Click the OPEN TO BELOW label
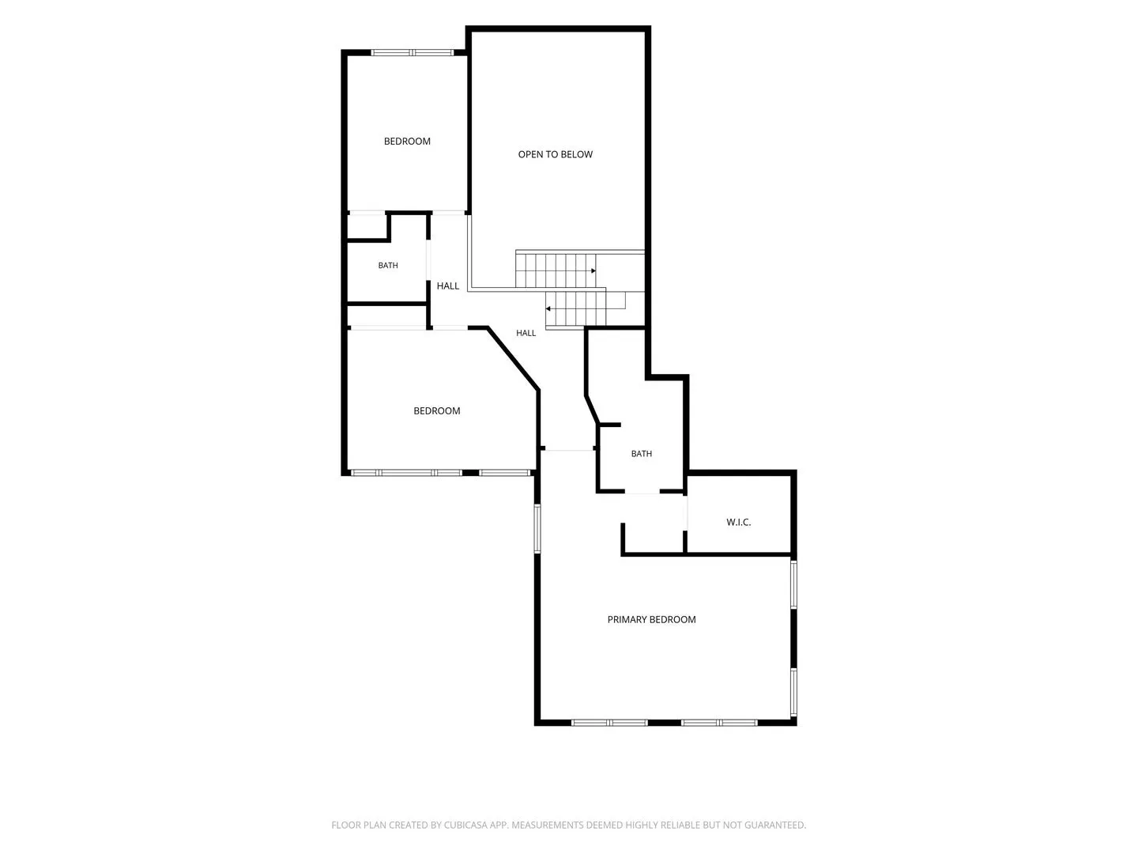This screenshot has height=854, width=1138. (x=555, y=154)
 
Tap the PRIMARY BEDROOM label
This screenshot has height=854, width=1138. (x=651, y=619)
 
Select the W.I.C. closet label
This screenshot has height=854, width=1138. (x=738, y=522)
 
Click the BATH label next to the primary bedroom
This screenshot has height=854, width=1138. (x=642, y=454)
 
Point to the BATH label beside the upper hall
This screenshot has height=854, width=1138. (x=388, y=266)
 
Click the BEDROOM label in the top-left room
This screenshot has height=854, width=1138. (x=407, y=141)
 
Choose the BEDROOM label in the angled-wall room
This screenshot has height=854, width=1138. (x=436, y=410)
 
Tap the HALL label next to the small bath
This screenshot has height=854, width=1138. (x=448, y=285)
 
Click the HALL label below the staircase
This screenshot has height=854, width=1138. (x=526, y=333)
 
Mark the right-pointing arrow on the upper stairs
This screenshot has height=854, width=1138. (x=593, y=270)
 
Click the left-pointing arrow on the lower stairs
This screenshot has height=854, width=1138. (x=548, y=308)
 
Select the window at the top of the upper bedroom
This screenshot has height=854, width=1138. (x=413, y=52)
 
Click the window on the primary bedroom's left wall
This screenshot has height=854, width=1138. (x=537, y=528)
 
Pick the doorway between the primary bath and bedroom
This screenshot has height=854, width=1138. (x=642, y=491)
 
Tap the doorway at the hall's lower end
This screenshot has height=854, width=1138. (x=568, y=449)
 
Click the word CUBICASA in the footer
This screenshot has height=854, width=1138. (x=465, y=825)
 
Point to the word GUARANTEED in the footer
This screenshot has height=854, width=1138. (x=776, y=825)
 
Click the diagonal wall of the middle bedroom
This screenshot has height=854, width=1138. (x=512, y=358)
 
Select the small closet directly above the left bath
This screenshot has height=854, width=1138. (x=367, y=226)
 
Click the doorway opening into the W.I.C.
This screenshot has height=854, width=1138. (x=687, y=513)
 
